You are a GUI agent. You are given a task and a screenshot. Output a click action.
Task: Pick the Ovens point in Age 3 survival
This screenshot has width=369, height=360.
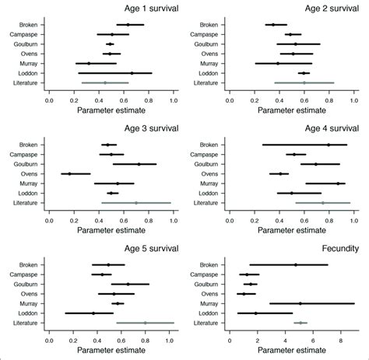69,173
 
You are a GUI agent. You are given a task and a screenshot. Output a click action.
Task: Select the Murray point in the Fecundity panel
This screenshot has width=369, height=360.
300,303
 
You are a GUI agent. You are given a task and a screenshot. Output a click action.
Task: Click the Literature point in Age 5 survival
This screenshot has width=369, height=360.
145,322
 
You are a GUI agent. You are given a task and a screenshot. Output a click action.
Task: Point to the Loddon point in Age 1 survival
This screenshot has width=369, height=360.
132,73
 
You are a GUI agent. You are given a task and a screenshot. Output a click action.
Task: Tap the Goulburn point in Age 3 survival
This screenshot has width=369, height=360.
139,164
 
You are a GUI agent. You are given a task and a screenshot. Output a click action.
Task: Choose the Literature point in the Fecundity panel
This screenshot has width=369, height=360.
300,322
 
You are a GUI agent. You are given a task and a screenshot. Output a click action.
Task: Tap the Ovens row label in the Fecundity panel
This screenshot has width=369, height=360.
209,294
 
